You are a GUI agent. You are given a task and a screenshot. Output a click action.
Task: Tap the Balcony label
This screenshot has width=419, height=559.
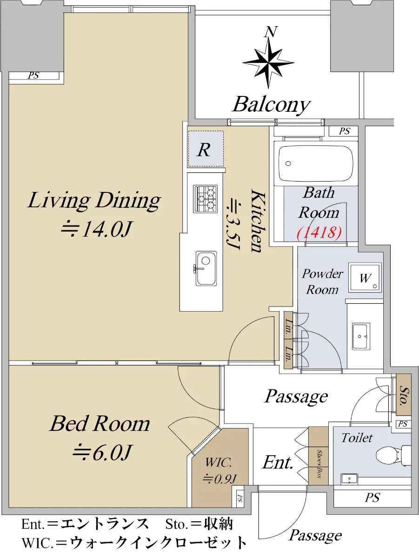point(271,105)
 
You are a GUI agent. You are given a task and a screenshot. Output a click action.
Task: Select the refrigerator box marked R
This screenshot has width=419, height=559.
point(206,149)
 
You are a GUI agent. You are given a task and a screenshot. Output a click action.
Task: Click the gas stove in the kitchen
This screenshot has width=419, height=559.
point(206,199)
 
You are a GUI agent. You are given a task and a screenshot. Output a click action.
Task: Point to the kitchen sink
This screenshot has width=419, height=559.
point(206,268)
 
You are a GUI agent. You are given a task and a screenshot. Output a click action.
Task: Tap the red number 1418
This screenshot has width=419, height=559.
point(319,232)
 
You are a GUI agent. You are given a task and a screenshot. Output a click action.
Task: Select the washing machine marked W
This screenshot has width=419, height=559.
point(365,278)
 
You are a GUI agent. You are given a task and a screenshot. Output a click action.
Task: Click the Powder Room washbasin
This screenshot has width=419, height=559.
point(361,336)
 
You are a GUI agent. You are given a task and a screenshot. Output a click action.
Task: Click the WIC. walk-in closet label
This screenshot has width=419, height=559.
point(219,463)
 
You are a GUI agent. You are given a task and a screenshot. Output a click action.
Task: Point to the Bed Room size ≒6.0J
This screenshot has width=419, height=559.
point(102,452)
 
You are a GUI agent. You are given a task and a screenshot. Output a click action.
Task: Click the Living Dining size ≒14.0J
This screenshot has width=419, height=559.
point(96,229)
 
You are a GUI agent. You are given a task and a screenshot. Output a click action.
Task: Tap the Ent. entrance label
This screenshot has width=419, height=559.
point(278,462)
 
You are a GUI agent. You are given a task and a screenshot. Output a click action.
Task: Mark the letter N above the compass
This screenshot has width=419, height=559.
point(271,32)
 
